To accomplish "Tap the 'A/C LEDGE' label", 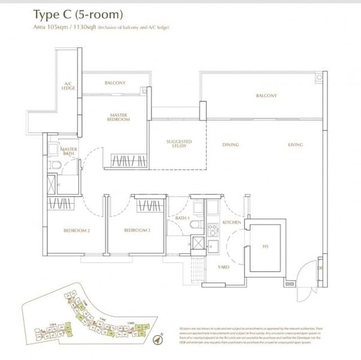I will (68, 86).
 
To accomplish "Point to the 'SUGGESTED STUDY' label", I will (178, 144).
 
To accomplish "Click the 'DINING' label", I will (230, 145).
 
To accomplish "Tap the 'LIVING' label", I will (295, 145).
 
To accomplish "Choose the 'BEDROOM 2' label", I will (76, 230).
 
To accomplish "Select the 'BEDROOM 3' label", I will (137, 230).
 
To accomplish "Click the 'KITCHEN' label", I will (231, 222).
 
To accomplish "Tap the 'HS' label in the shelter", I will (265, 245).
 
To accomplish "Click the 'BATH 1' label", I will (183, 218).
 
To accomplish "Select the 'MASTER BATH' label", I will (68, 151).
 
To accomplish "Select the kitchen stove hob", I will (211, 229).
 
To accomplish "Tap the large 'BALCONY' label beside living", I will (266, 95).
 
